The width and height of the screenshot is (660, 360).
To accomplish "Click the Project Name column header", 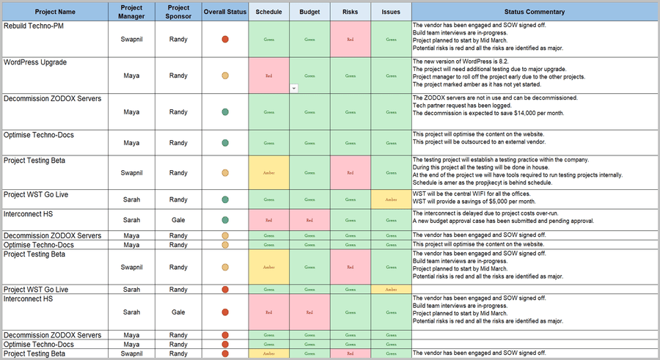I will coord(56,12).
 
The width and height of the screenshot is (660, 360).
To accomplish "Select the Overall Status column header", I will coord(225,12).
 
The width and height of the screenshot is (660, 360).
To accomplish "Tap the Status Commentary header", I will coord(535,12).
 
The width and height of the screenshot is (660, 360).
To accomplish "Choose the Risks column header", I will coord(351,12).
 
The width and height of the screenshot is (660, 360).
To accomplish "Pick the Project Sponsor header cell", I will coord(178,12).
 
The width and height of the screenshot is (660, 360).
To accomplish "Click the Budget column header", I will coord(309,12).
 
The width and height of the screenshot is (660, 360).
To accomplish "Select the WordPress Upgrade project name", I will coord(35,62).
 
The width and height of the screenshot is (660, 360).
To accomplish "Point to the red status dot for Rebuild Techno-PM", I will coord(225,39).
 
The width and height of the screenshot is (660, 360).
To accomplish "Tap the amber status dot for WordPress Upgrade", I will coord(225,76).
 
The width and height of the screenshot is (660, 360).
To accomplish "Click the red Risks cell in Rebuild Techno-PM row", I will coord(351,39).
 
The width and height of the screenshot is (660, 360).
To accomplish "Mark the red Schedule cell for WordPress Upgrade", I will coord(268,76).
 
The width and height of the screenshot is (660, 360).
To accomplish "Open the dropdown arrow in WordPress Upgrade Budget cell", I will coord(294,88).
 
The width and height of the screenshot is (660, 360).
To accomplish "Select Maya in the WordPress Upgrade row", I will coord(131,76).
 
